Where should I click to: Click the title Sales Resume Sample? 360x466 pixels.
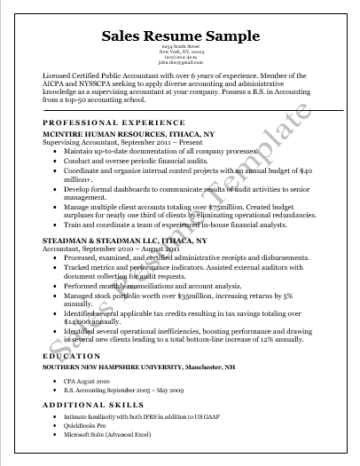(x=180, y=36)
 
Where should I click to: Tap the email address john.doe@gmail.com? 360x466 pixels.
(x=180, y=65)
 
